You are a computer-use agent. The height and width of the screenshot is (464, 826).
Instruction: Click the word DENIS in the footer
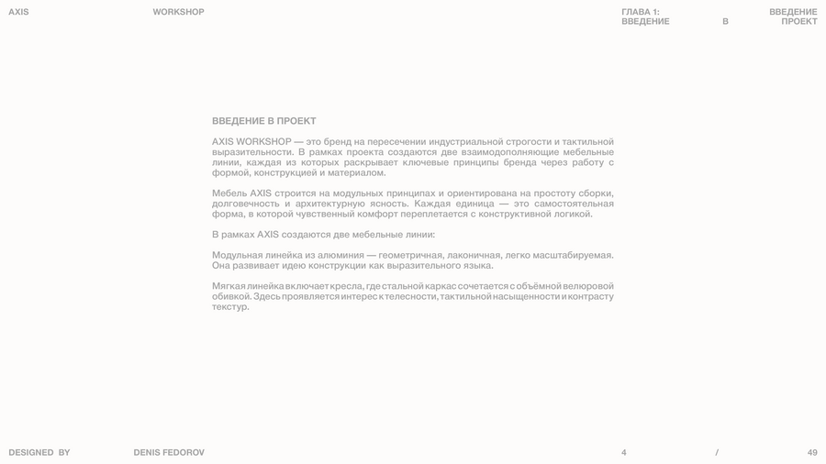click(x=147, y=452)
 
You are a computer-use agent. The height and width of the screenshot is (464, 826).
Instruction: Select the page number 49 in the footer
click(x=812, y=452)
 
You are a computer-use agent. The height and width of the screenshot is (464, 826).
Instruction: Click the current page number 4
click(x=624, y=452)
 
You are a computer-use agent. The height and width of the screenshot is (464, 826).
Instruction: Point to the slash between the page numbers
click(x=717, y=452)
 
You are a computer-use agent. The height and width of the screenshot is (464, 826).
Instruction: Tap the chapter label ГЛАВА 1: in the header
click(x=641, y=12)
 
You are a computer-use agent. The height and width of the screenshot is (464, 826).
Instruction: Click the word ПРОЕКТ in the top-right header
click(x=799, y=21)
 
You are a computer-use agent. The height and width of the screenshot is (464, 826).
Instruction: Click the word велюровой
click(x=588, y=286)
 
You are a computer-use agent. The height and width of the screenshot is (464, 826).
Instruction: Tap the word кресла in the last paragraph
click(x=344, y=286)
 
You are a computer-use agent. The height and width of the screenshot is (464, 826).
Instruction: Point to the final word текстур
click(x=229, y=307)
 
